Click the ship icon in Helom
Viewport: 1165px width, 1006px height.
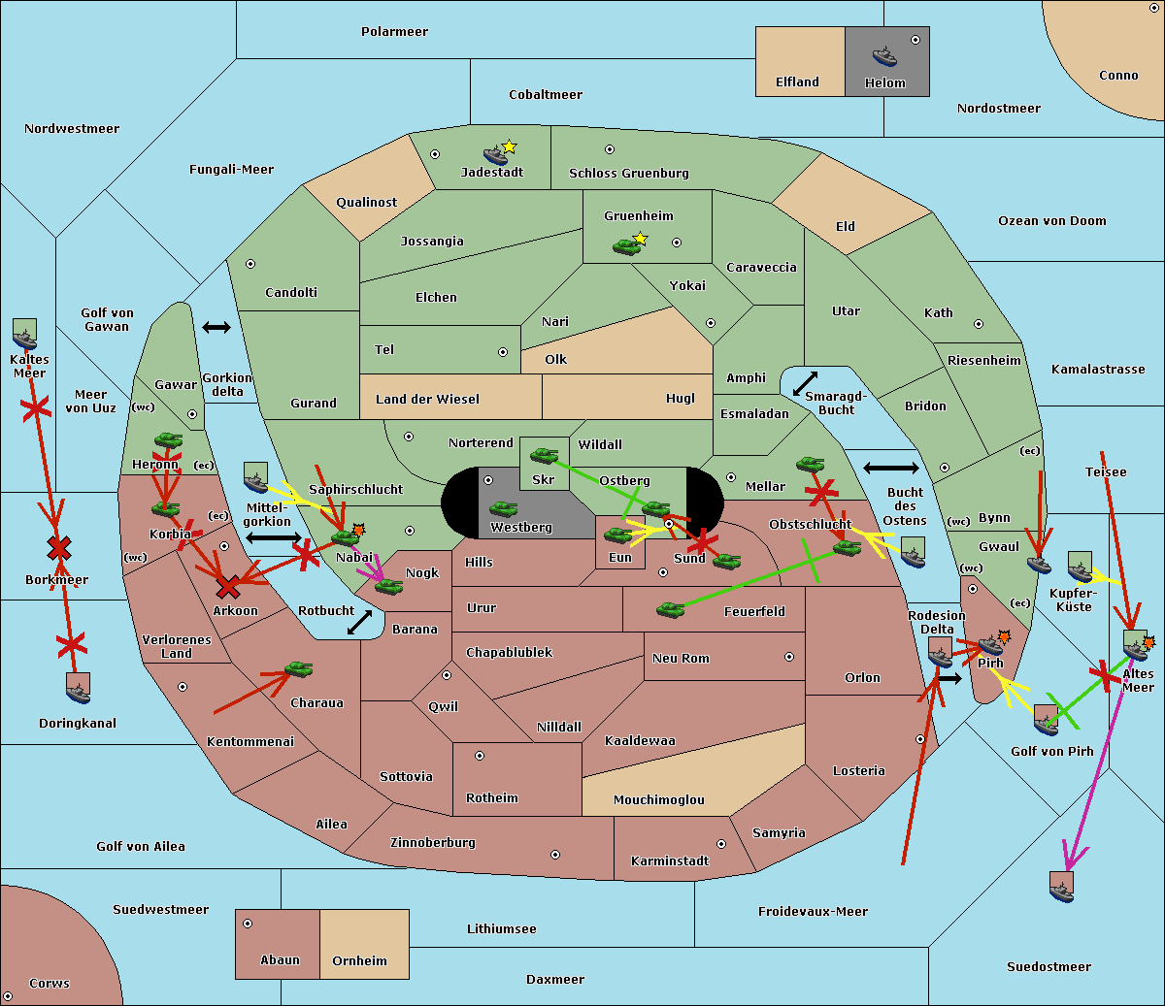(884, 55)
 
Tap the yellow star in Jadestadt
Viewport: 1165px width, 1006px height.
(509, 146)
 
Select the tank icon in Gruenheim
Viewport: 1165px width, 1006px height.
(626, 247)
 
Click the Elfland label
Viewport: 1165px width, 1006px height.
(797, 82)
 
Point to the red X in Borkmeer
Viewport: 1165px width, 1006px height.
(59, 548)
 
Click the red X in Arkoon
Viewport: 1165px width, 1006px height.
(228, 587)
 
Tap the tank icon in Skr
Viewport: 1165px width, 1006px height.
(544, 454)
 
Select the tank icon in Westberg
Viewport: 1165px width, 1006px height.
(503, 509)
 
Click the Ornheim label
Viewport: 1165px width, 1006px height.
(359, 961)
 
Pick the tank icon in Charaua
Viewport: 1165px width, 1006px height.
(298, 669)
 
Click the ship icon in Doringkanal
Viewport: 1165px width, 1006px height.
(79, 690)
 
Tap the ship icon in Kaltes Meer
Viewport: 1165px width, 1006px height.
(24, 336)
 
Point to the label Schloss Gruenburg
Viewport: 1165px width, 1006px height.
(628, 174)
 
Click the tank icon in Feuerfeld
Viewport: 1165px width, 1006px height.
(670, 610)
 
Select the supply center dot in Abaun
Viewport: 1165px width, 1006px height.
(248, 924)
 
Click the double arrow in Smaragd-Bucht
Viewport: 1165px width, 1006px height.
(805, 384)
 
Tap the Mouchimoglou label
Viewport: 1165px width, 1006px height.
(658, 800)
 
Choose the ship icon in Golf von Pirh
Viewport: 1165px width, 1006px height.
(1046, 721)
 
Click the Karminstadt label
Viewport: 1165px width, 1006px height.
(670, 861)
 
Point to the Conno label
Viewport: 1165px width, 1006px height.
(1118, 76)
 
